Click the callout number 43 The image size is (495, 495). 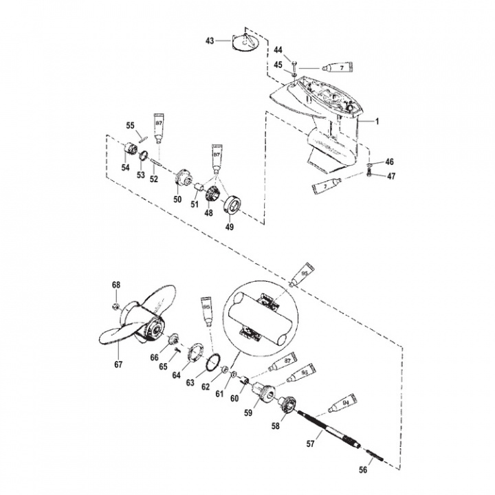coord(210,42)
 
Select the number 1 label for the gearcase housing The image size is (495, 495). coord(377,121)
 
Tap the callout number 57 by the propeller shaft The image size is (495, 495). coord(310,444)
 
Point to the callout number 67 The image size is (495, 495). coord(118,364)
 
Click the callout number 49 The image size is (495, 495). coord(230,225)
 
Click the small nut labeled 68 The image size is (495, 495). coord(118,304)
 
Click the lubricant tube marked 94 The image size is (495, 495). coord(342,404)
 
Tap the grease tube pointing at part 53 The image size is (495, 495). coord(159,128)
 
